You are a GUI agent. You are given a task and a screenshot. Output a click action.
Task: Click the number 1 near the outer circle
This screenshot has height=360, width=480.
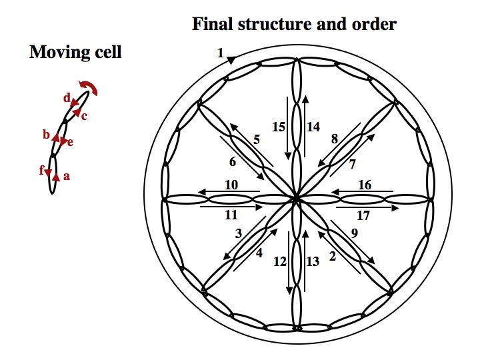221,53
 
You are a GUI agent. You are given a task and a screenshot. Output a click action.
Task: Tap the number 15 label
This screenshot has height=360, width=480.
279,125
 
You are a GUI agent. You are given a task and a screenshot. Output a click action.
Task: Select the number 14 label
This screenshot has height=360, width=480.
313,125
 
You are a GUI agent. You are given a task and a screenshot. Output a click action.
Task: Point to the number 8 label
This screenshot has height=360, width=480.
334,139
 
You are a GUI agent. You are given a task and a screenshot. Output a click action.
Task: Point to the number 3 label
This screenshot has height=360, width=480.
238,234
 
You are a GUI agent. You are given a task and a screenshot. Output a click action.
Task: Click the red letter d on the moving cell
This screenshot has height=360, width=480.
67,99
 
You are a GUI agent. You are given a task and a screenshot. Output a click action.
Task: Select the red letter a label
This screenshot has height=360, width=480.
66,177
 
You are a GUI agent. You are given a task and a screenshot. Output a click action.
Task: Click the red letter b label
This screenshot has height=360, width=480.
46,135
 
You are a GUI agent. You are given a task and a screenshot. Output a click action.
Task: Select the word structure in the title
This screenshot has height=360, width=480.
269,25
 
